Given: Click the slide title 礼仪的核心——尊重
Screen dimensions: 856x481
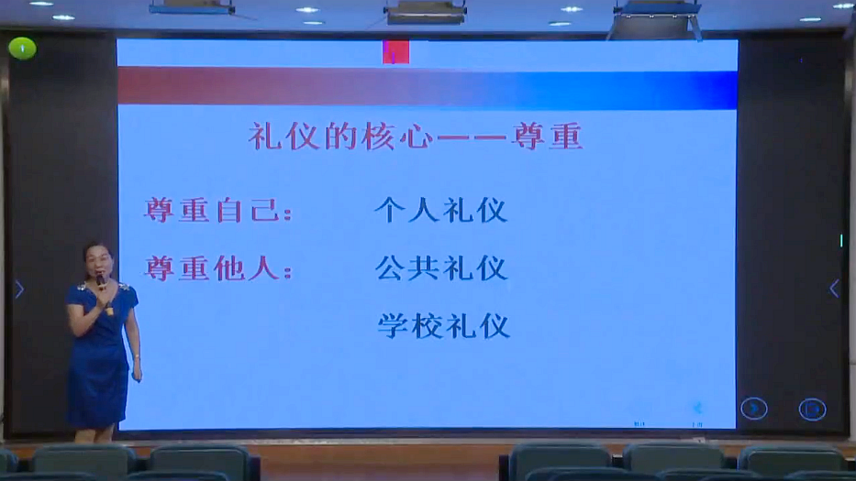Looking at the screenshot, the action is click(x=416, y=137).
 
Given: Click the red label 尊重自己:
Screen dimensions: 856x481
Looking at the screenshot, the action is click(x=218, y=211).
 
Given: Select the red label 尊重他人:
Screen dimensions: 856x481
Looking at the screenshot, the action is click(x=218, y=268).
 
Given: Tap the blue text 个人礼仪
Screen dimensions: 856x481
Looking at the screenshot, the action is click(x=441, y=211).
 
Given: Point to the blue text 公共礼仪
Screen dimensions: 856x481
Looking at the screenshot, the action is click(x=441, y=268).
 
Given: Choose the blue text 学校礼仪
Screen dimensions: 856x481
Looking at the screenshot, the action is click(x=443, y=326).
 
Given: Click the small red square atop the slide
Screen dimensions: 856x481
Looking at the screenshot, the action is click(x=395, y=52).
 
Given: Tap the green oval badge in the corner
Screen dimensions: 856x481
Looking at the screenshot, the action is click(x=22, y=49).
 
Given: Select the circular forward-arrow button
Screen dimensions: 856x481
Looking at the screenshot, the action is click(x=754, y=409).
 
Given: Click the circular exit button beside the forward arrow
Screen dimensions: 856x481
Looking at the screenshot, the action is click(x=812, y=410).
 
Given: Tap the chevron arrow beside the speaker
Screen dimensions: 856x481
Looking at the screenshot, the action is click(x=19, y=290).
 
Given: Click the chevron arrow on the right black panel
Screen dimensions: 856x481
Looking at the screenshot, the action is click(x=834, y=289).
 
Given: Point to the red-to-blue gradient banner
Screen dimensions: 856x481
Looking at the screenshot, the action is click(x=428, y=87).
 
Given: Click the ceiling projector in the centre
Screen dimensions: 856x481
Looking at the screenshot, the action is click(x=425, y=13).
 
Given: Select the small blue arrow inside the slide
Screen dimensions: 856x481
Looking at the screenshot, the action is click(x=697, y=408).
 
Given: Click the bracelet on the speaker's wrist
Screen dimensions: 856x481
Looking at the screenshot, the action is click(x=137, y=356).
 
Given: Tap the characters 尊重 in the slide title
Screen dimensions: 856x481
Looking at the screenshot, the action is click(x=547, y=137).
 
